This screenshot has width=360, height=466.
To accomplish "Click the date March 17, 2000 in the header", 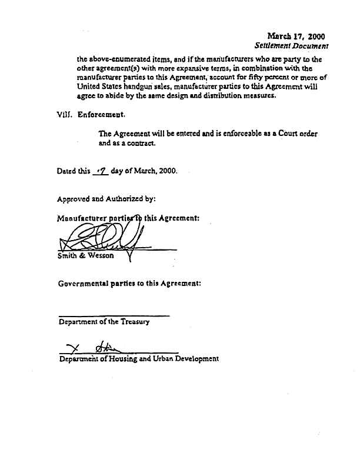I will tap(296, 36).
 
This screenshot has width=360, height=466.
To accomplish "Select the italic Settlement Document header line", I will tap(291, 45).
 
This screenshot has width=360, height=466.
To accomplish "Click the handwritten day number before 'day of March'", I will tap(101, 172).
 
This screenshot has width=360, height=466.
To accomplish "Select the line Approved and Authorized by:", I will tap(106, 199).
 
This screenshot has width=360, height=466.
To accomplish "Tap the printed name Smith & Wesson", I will tap(86, 256).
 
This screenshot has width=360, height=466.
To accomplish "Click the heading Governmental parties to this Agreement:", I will tap(129, 283).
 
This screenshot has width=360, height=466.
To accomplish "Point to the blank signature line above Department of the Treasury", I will tap(114, 316).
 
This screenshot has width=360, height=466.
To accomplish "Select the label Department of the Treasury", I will tap(104, 322).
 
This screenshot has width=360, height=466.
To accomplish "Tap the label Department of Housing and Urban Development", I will tap(139, 358).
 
